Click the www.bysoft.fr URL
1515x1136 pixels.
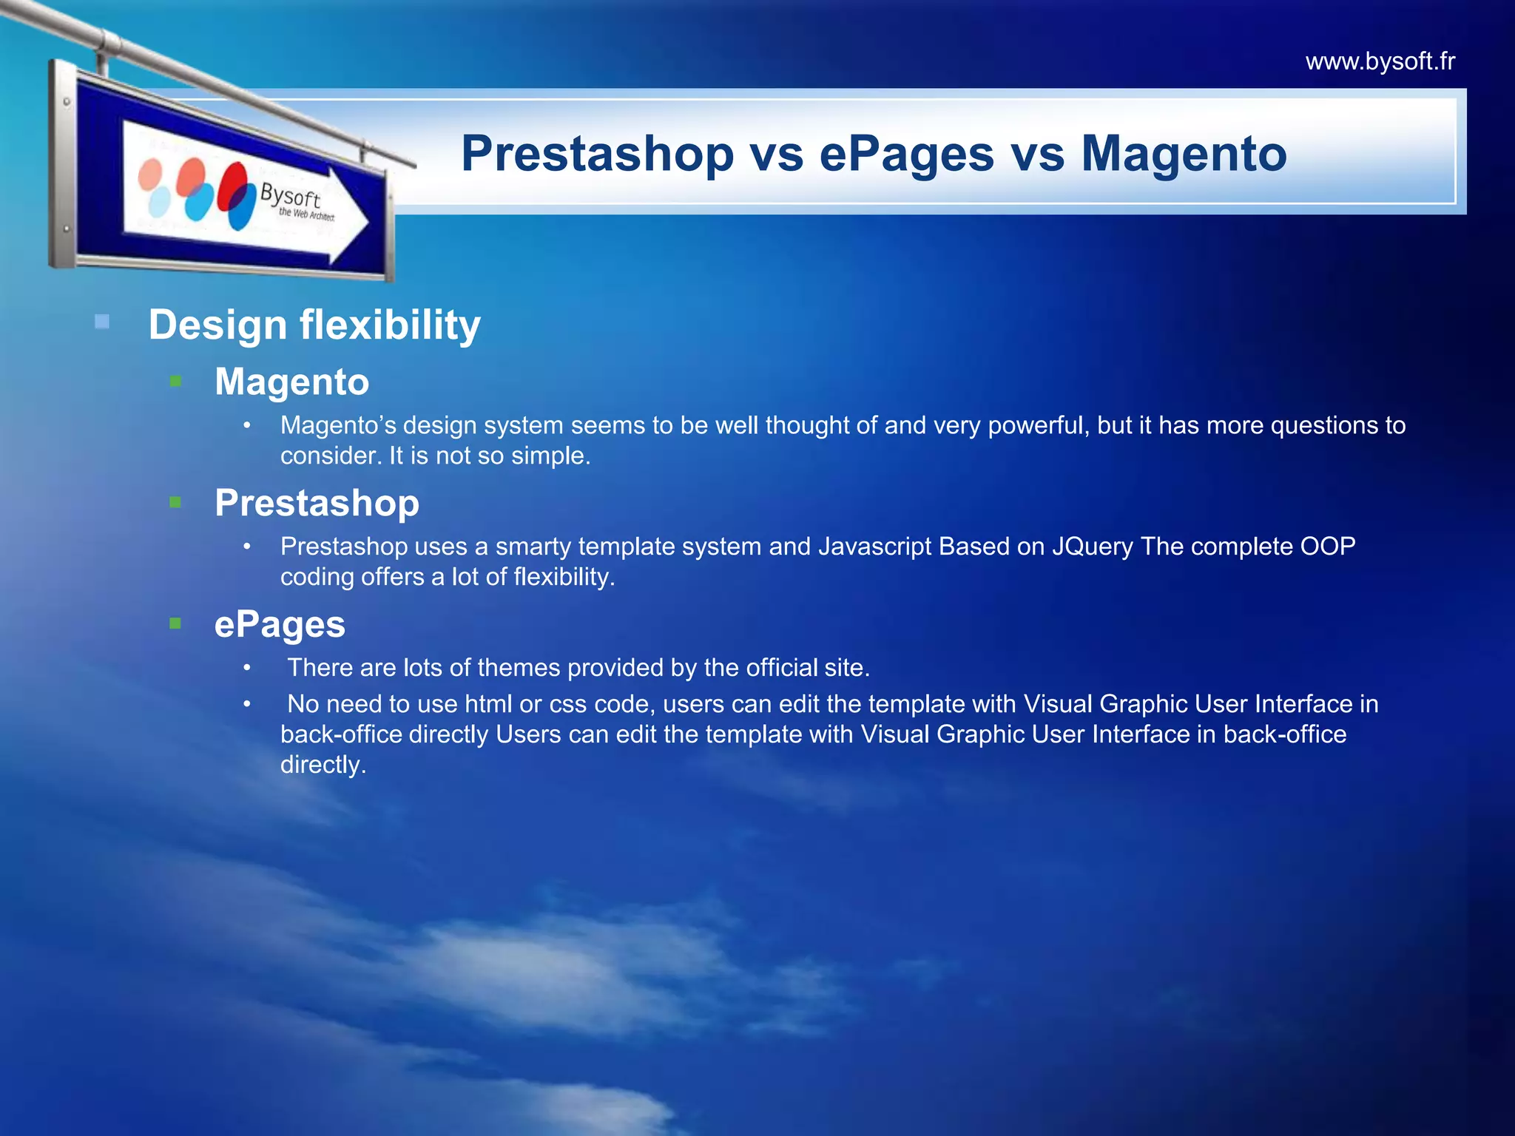pos(1380,61)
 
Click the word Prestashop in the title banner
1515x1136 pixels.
pos(597,155)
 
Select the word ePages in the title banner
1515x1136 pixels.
pos(906,155)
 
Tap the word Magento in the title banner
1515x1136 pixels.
pos(1184,155)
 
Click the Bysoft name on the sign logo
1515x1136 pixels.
pos(290,196)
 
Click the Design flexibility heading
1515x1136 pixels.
pos(314,325)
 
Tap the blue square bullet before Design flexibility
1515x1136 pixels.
pos(102,322)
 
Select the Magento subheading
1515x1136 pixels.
pos(291,382)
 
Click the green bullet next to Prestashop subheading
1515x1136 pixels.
pos(175,502)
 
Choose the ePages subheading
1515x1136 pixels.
pos(280,624)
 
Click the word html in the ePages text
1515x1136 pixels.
pos(488,704)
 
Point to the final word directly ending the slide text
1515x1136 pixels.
pos(323,765)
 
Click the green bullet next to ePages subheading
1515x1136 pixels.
pos(175,623)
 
